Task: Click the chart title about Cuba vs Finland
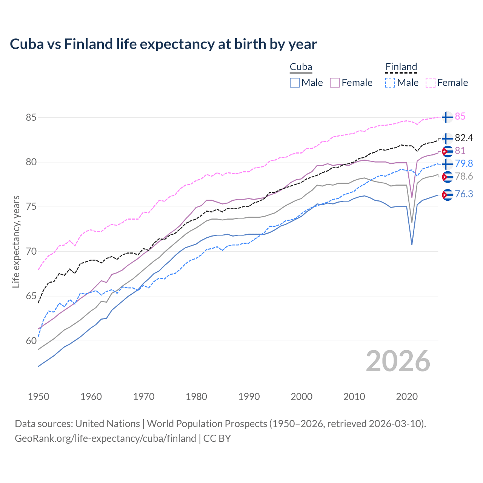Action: (x=163, y=44)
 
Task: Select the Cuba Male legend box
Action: (x=295, y=83)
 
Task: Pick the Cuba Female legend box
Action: (x=335, y=83)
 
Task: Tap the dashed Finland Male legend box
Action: (x=390, y=83)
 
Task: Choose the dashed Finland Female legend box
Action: (x=431, y=83)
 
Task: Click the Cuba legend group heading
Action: (x=301, y=67)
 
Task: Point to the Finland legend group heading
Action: (x=401, y=67)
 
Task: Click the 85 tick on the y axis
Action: (x=31, y=117)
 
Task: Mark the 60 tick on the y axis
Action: (x=31, y=341)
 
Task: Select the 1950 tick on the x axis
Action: (x=38, y=397)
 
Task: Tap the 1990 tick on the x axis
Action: (x=249, y=397)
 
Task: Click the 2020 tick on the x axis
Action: (x=407, y=397)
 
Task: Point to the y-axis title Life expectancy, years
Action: (x=16, y=241)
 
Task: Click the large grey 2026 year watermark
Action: (x=398, y=361)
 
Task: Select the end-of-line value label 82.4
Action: (x=464, y=138)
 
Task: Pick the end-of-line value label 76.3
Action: (x=464, y=194)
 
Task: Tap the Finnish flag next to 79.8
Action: (x=448, y=164)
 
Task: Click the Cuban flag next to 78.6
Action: (x=448, y=177)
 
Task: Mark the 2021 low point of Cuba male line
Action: (x=412, y=245)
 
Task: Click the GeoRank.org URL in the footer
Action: (x=105, y=438)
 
